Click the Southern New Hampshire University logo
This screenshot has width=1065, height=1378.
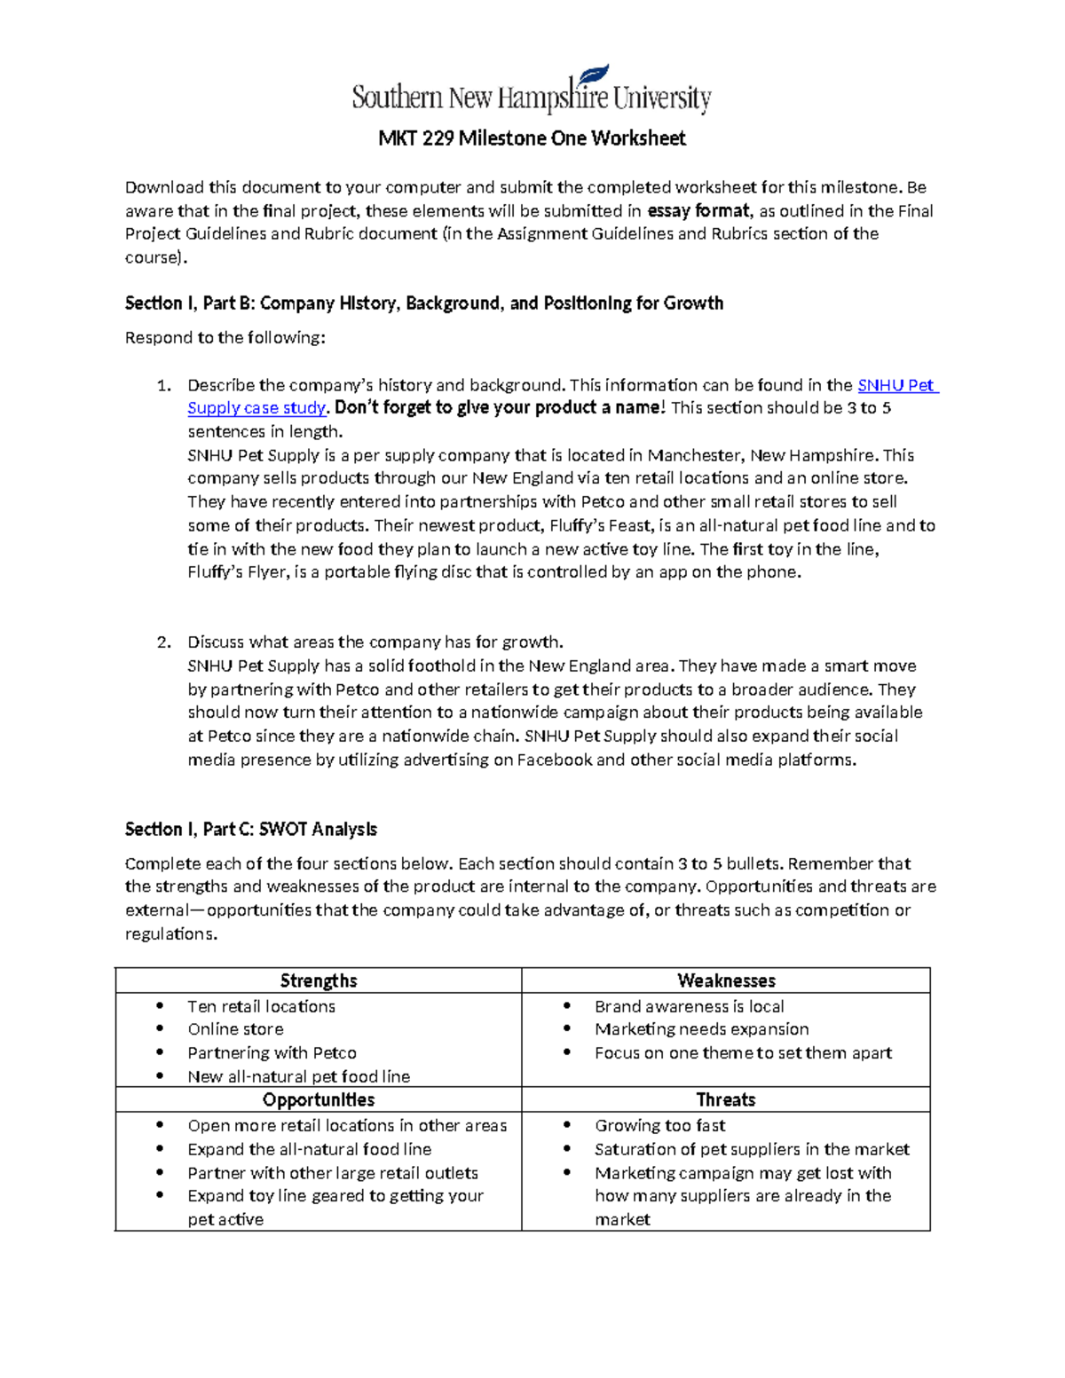(531, 91)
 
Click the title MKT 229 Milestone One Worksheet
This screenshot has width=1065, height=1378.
(532, 138)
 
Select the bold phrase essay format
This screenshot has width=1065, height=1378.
(698, 211)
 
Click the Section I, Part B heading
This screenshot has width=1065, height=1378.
(423, 303)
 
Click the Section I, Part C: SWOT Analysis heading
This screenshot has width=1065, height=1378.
(250, 830)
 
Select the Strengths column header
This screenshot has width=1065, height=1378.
(318, 980)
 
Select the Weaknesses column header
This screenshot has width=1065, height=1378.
(726, 980)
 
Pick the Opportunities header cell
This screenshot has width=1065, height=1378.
(318, 1100)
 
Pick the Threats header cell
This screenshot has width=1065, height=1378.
(726, 1100)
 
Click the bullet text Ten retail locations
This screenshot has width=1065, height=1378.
(261, 1007)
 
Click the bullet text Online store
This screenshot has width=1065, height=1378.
(235, 1029)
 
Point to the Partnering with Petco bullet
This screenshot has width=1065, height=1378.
(272, 1053)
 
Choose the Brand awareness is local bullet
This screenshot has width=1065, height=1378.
(689, 1007)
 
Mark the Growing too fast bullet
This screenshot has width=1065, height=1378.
(659, 1126)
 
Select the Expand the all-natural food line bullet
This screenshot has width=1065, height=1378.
(309, 1150)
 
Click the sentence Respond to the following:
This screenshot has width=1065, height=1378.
(225, 338)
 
